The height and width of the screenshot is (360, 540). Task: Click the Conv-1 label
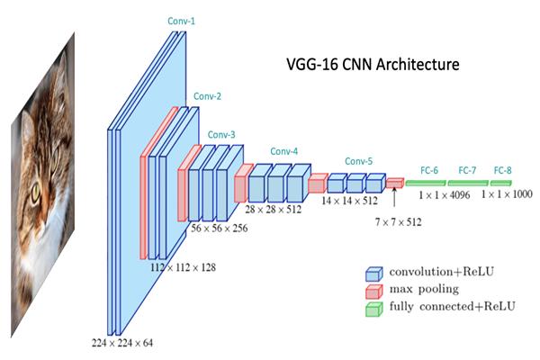[180, 20]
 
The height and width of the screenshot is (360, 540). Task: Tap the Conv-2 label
[202, 95]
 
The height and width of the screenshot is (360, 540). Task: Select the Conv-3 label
[221, 135]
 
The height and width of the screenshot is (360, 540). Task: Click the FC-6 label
[428, 169]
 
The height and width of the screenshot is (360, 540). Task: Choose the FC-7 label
[467, 169]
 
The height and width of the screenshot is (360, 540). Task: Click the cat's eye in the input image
[36, 192]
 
